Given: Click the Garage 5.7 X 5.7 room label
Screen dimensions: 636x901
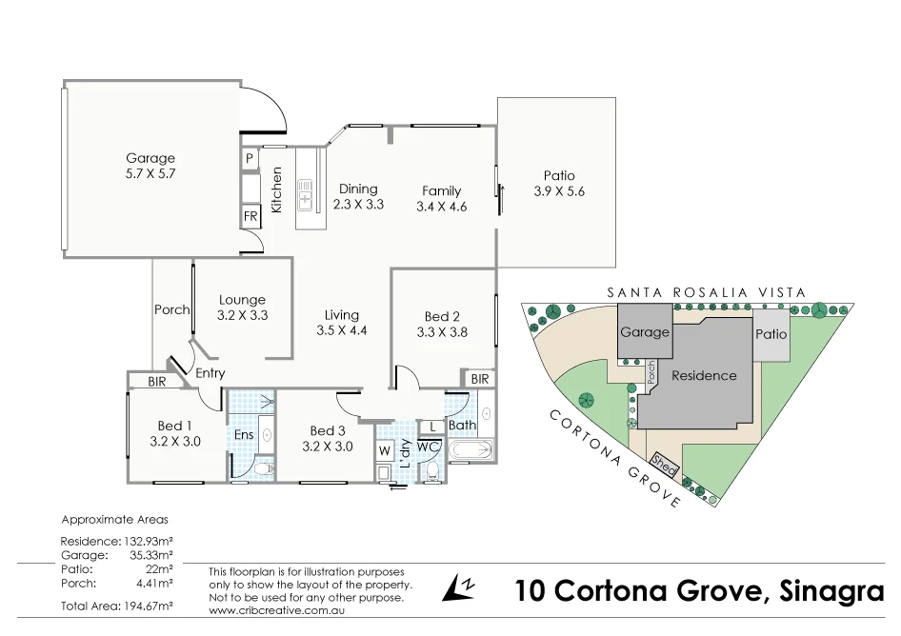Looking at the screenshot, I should coord(150,167).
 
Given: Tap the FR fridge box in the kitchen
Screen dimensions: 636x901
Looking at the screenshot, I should coord(250,216).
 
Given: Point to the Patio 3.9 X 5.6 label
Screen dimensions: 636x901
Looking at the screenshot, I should coord(559,183).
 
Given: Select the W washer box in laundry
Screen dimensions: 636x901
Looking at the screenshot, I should coord(385,449).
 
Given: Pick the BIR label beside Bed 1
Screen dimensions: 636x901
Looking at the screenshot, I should coord(157,381).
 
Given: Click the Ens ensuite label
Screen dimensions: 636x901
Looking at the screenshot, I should coord(244,435).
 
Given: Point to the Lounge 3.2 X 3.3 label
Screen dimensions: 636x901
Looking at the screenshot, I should coord(242,307).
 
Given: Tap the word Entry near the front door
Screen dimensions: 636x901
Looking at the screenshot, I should coord(210,373).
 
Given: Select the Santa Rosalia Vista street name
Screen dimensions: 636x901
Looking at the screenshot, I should coord(706,292).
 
